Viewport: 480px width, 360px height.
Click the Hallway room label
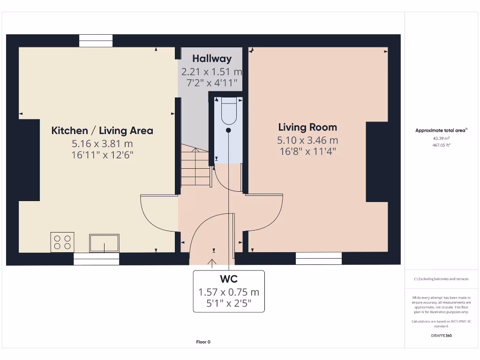click(212, 59)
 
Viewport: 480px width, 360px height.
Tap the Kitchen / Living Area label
click(102, 130)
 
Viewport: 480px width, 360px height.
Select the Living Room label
click(307, 127)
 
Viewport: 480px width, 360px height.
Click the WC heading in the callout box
click(229, 279)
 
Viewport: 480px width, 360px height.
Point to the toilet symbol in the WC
click(229, 110)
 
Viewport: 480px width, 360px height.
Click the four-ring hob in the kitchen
click(62, 242)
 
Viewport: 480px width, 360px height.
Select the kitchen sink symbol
click(104, 243)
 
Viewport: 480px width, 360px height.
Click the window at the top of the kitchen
click(96, 41)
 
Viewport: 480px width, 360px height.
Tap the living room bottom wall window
click(319, 258)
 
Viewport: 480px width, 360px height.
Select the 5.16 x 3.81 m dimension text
click(102, 144)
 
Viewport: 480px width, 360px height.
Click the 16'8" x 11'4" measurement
click(307, 151)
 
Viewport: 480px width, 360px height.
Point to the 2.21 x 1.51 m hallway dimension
click(212, 72)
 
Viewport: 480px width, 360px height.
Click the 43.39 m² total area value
click(441, 138)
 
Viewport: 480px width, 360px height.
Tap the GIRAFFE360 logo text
click(441, 336)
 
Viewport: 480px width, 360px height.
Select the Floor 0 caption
click(203, 342)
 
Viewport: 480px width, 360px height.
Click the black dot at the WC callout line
click(228, 130)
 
